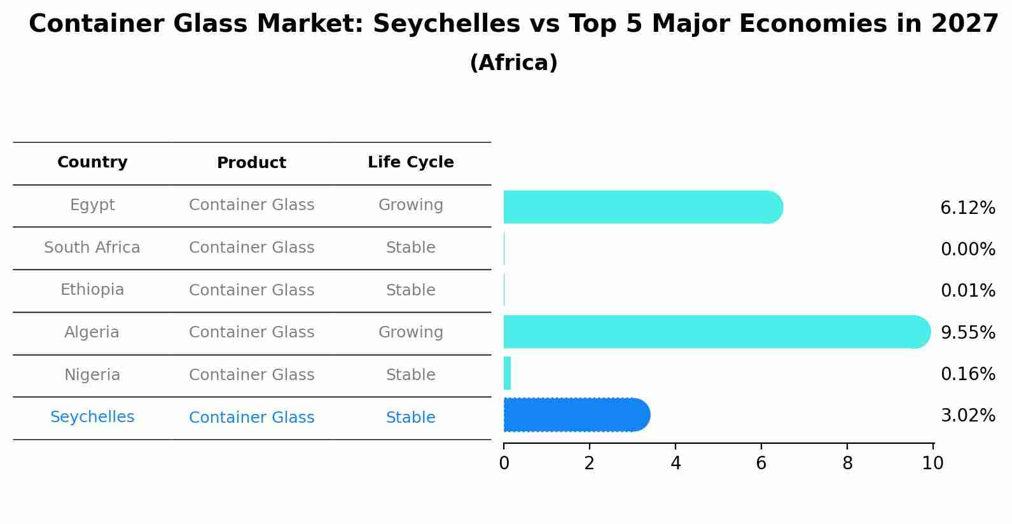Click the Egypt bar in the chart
pyautogui.click(x=642, y=207)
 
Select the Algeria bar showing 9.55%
pyautogui.click(x=716, y=332)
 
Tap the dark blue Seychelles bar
pyautogui.click(x=576, y=415)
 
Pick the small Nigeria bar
pyautogui.click(x=507, y=373)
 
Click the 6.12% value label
pyautogui.click(x=967, y=208)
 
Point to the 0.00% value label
pyautogui.click(x=967, y=250)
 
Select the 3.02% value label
pyautogui.click(x=967, y=416)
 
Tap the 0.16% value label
pyautogui.click(x=967, y=374)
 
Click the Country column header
pyautogui.click(x=92, y=162)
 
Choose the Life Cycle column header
pyautogui.click(x=410, y=162)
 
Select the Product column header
pyautogui.click(x=251, y=163)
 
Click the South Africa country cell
pyautogui.click(x=92, y=248)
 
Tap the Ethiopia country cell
pyautogui.click(x=92, y=290)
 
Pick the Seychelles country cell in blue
pyautogui.click(x=92, y=417)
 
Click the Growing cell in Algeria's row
pyautogui.click(x=410, y=332)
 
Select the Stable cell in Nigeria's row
pyautogui.click(x=410, y=375)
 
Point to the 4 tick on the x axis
pyautogui.click(x=676, y=464)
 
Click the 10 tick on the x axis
pyautogui.click(x=932, y=464)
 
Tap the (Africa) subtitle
pyautogui.click(x=513, y=63)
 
